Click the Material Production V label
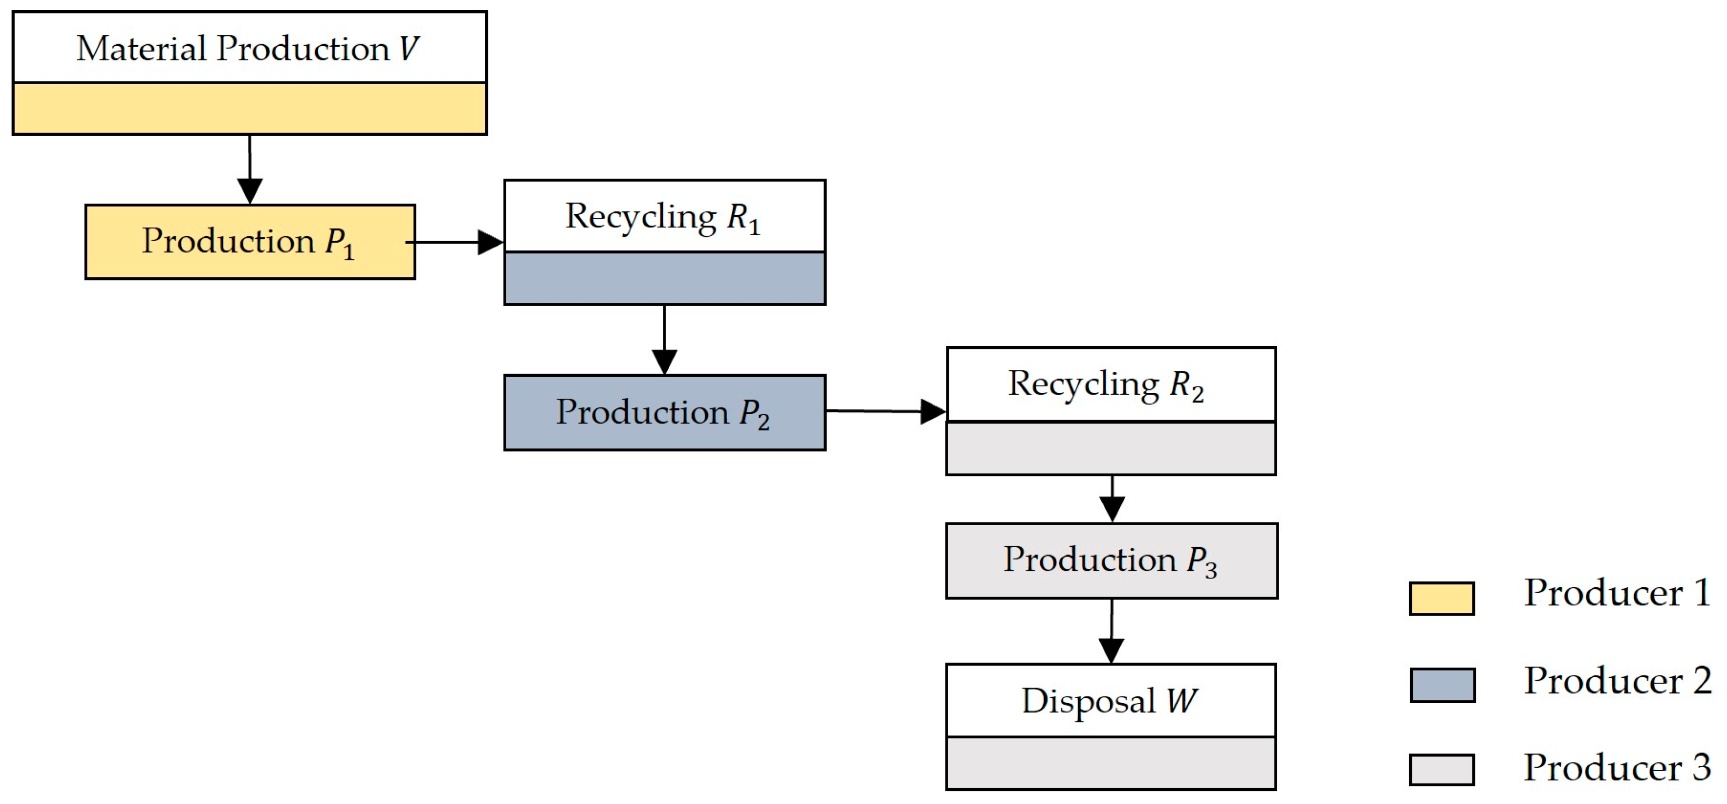[248, 48]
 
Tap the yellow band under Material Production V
[249, 108]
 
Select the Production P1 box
[249, 242]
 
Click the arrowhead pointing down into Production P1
[250, 190]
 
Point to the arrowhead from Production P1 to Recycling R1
[490, 242]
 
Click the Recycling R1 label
[664, 217]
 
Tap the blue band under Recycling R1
[665, 278]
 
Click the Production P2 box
[665, 413]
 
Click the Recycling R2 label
[1107, 384]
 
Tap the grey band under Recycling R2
[1111, 448]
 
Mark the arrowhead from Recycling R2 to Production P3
[1112, 508]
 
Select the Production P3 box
[1111, 560]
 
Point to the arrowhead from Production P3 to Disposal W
[1111, 650]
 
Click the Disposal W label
[1110, 701]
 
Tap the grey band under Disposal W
[1111, 763]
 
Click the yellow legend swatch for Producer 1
[1441, 598]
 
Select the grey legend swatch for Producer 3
[1441, 769]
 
